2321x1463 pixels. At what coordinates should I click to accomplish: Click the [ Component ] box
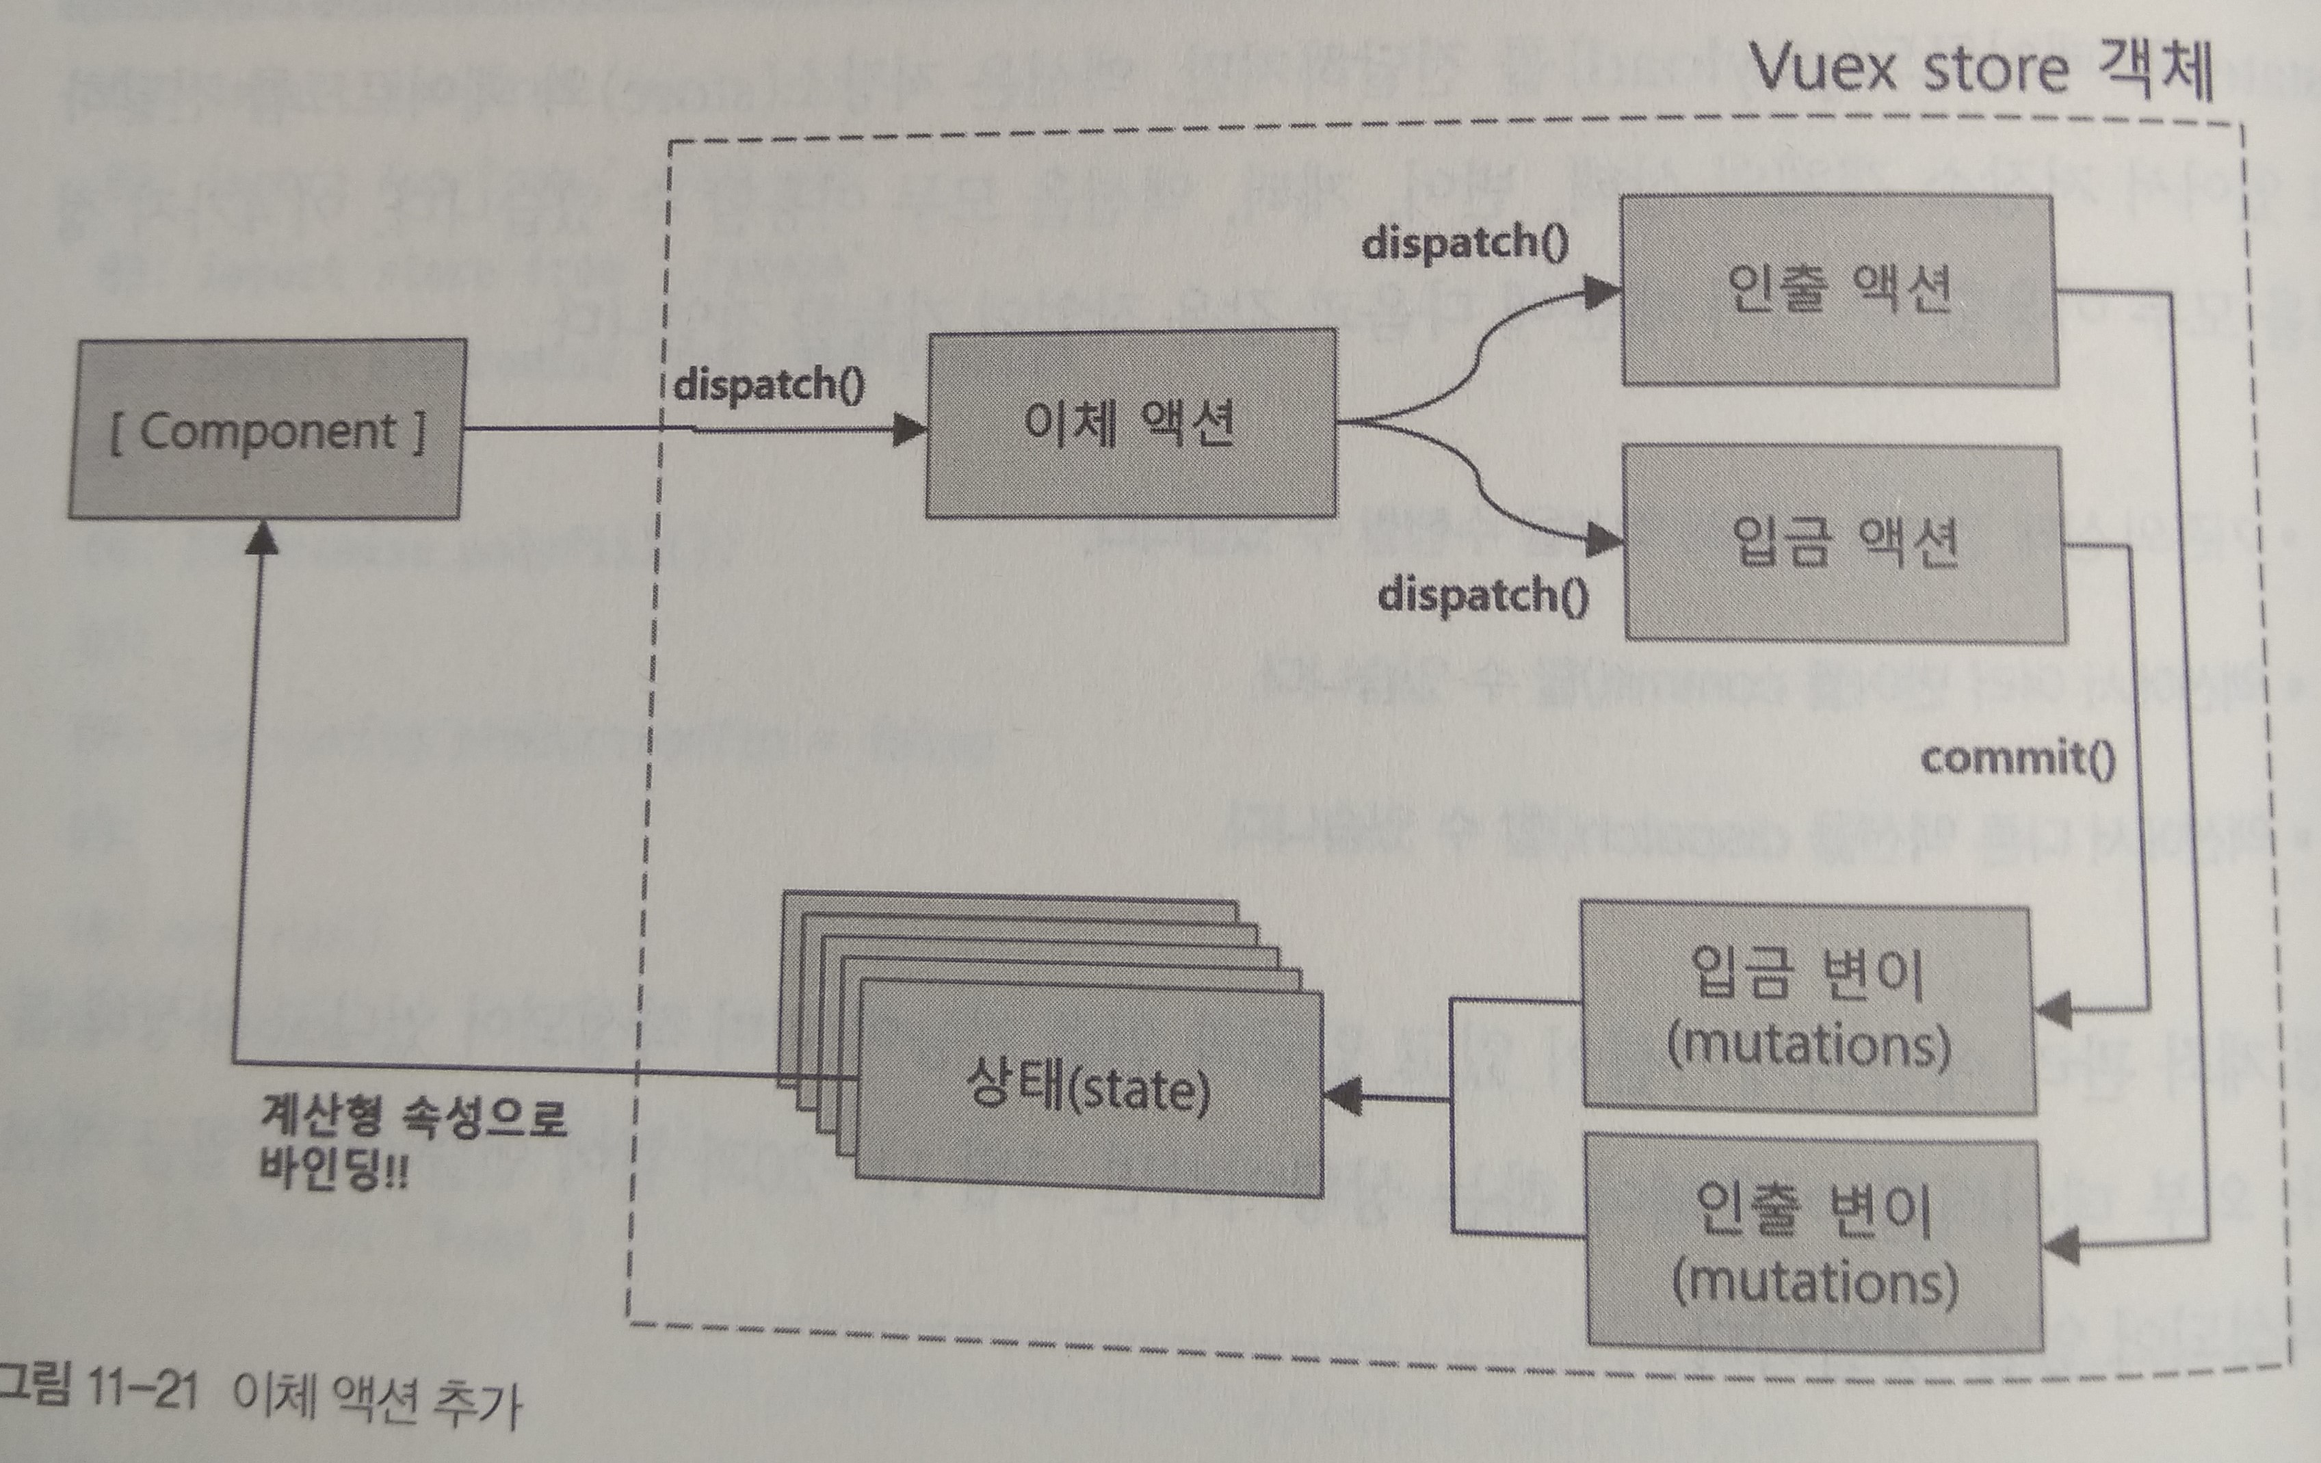coord(267,430)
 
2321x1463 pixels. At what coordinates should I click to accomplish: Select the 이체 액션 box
coord(1129,424)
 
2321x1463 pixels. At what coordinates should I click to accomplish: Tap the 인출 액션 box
coord(1838,289)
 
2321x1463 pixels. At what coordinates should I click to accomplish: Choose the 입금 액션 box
coord(1844,542)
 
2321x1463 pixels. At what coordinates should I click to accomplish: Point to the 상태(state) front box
coord(1089,1089)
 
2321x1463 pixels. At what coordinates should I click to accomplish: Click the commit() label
coord(2017,759)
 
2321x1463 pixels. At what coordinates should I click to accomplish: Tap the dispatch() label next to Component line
coord(768,384)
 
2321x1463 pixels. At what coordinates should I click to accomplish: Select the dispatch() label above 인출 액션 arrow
coord(1464,242)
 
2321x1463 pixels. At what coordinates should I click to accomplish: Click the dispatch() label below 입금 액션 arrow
coord(1482,594)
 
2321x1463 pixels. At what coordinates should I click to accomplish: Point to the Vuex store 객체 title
coord(1981,69)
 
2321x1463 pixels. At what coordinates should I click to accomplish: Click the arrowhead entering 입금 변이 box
coord(2053,1010)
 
